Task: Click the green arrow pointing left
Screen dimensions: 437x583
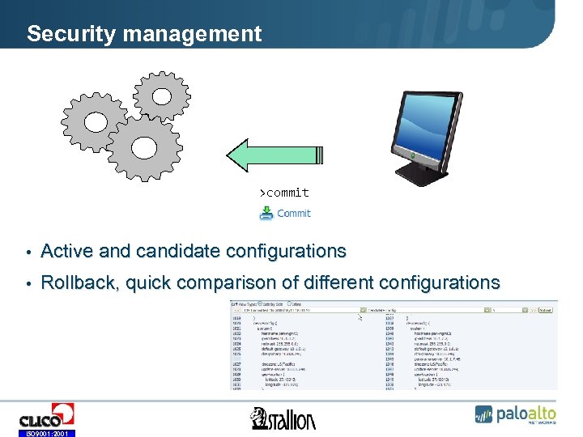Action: coord(274,155)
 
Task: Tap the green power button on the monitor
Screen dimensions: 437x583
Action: coord(414,153)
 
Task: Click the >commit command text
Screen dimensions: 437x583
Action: coord(284,193)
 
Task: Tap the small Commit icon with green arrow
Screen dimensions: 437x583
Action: coord(266,214)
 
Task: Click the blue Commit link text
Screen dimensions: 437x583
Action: coord(294,214)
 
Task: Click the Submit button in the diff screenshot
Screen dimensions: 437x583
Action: coord(547,309)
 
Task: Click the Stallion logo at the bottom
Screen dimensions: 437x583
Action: coord(283,418)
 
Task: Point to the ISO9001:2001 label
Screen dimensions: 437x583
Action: coord(47,433)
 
